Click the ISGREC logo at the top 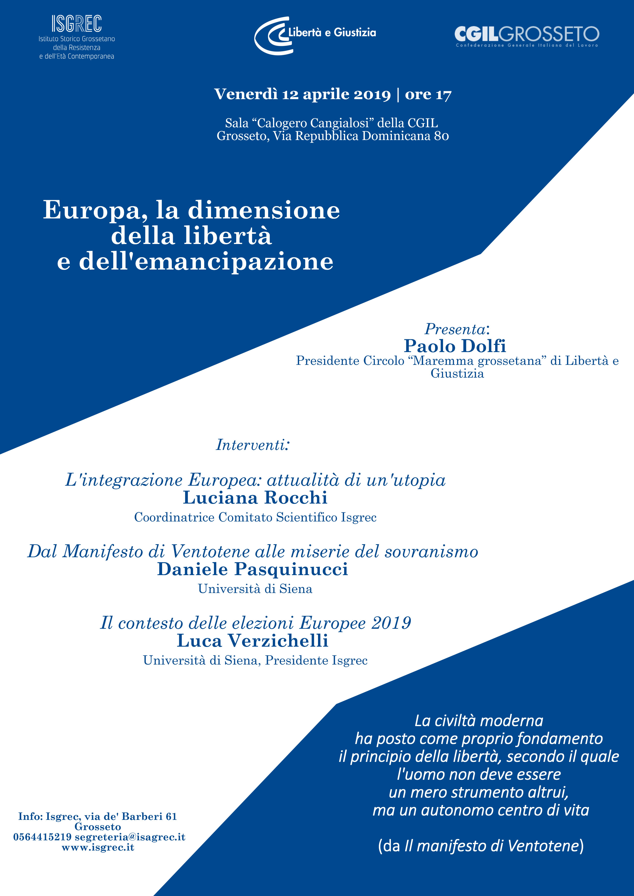coord(76,24)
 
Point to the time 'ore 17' coord(428,95)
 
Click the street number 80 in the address coord(441,136)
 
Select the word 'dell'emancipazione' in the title coord(206,261)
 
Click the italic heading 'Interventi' coord(253,445)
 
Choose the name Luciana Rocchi coord(255,497)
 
